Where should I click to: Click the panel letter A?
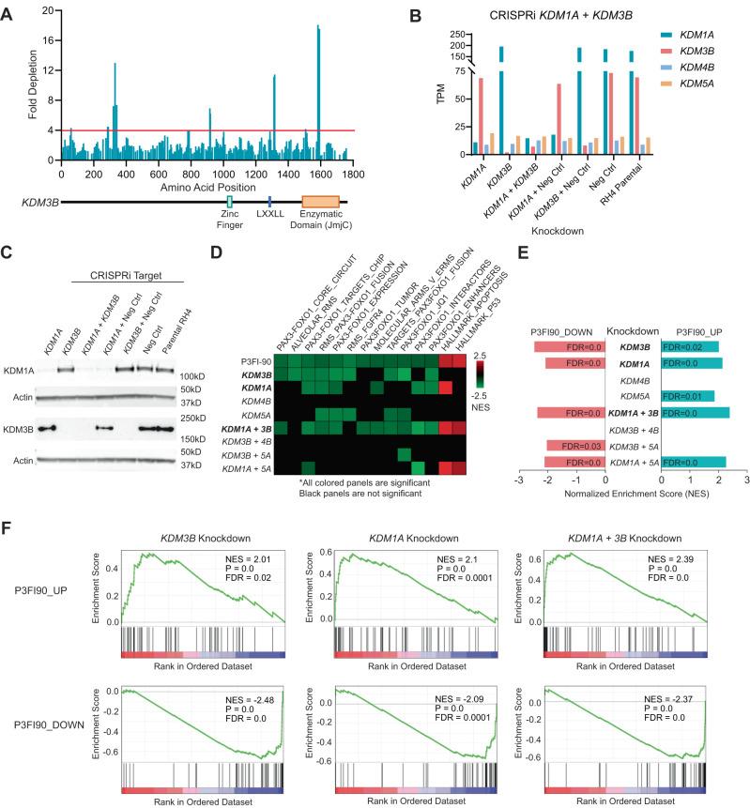coord(8,8)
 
